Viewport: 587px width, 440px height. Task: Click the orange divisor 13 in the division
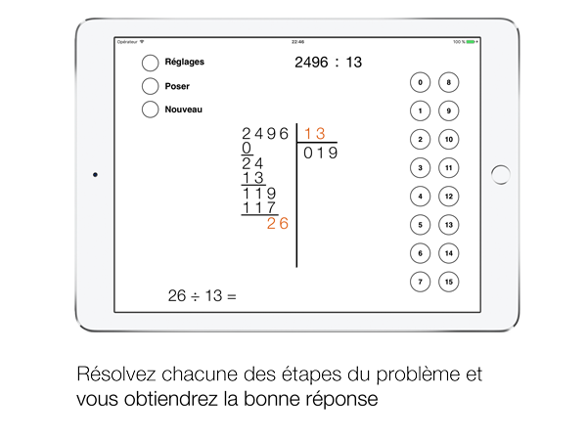[315, 134]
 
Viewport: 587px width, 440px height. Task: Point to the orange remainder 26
[278, 223]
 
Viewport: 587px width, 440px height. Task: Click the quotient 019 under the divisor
[321, 153]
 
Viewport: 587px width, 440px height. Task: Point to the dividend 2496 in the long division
[265, 134]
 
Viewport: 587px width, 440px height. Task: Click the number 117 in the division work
[259, 207]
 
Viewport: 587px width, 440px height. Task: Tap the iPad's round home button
[501, 175]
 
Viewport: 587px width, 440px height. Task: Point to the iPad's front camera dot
[95, 175]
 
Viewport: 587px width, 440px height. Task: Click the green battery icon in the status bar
[471, 42]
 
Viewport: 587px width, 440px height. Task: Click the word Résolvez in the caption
[116, 374]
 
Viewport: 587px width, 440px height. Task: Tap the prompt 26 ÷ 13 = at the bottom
[203, 296]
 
